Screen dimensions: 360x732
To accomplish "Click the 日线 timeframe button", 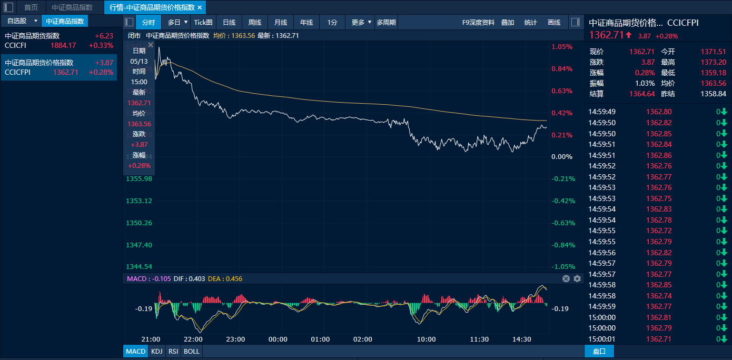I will click(x=229, y=22).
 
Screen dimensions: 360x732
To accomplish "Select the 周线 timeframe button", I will click(x=255, y=22).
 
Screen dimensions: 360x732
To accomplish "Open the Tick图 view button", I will click(x=203, y=22).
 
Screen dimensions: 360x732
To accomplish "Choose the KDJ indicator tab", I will click(x=156, y=351).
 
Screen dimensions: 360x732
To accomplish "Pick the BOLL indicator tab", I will click(x=192, y=351).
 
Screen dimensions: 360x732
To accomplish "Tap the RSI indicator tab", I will click(x=173, y=351).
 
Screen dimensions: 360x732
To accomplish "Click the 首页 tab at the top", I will click(x=31, y=7).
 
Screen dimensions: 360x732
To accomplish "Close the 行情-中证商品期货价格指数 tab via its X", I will click(x=200, y=7).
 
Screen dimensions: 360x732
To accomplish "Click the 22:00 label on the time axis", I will click(x=193, y=339).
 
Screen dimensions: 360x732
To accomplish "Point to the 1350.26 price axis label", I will click(x=139, y=223).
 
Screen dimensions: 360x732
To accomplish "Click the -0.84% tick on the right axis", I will click(x=562, y=245).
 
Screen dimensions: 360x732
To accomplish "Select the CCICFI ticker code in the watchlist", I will click(x=15, y=45).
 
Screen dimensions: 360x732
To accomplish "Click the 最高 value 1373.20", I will click(x=713, y=62).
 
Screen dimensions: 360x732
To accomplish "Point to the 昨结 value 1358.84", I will click(x=713, y=94).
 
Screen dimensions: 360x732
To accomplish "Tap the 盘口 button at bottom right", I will click(x=599, y=351).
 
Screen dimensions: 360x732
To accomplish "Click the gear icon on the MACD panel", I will click(x=577, y=278).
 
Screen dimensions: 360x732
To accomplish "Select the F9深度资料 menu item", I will click(x=478, y=22).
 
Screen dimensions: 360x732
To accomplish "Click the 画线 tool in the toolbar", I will click(x=554, y=22).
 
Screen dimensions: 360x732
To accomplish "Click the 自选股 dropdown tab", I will click(x=21, y=21).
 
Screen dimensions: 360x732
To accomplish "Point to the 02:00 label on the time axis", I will click(x=362, y=339).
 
